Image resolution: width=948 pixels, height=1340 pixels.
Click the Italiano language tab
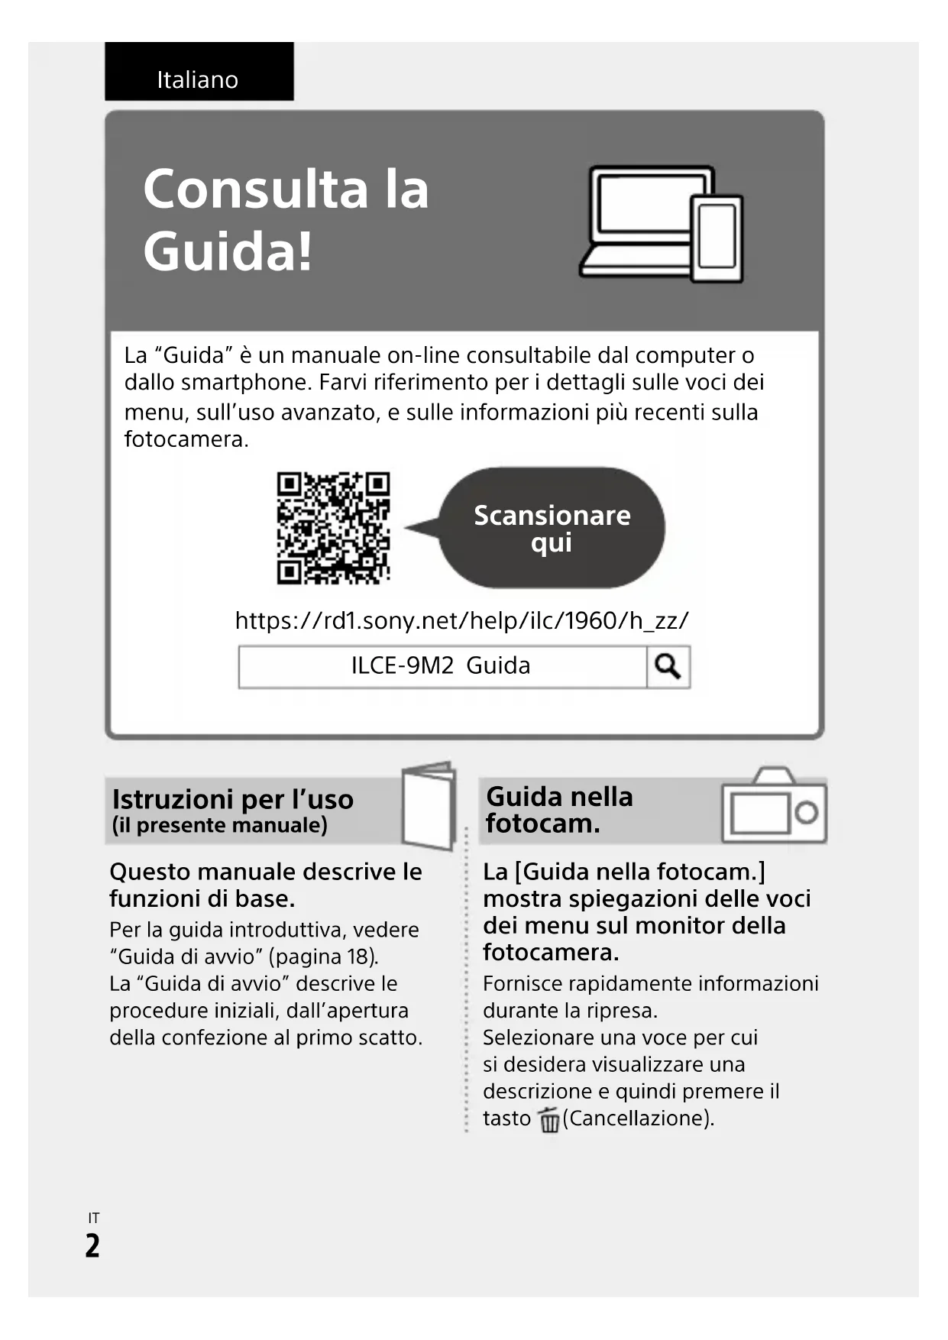point(198,79)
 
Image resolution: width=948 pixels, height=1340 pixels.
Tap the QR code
point(333,528)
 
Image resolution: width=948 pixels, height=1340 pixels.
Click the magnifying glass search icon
point(668,667)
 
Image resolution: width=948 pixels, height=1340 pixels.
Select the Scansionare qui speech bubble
point(552,528)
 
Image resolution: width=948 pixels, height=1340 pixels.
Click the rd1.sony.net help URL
point(461,620)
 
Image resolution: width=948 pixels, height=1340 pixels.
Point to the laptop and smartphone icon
point(662,224)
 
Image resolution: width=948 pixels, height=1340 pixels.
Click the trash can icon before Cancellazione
point(548,1120)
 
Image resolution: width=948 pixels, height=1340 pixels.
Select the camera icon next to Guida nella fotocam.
point(773,807)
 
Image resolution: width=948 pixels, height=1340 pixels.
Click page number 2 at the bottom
point(92,1245)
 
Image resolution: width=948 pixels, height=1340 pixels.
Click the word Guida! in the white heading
point(228,251)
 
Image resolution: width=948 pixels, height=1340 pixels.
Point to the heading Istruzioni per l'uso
point(233,799)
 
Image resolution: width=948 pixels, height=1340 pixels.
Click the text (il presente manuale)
point(220,825)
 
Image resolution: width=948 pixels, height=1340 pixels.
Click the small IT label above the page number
point(93,1218)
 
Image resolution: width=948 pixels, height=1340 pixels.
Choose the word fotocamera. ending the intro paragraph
point(186,439)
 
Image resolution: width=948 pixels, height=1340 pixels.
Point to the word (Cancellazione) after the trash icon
point(639,1118)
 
